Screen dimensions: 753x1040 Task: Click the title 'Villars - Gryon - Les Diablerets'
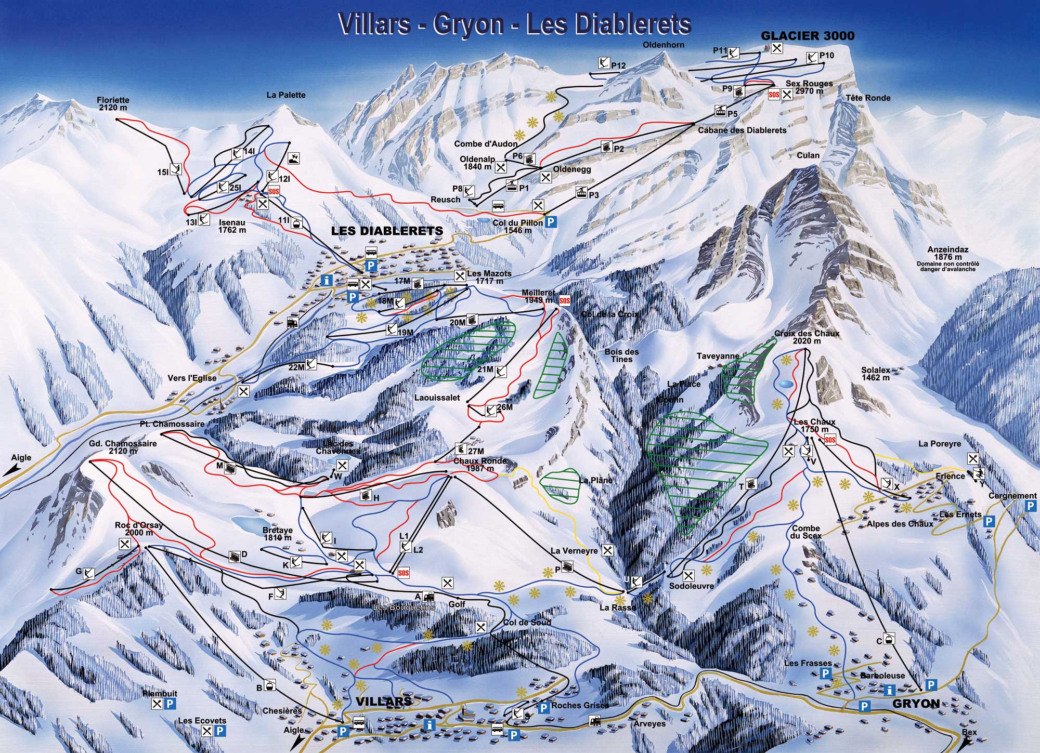pos(514,23)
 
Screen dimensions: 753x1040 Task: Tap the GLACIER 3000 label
pos(808,35)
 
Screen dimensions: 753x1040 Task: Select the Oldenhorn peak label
pos(664,45)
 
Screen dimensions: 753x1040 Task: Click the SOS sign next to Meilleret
pos(565,300)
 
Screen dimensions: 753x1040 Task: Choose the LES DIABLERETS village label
pos(387,231)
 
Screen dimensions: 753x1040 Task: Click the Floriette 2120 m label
pos(113,104)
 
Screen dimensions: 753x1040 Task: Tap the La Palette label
pos(286,95)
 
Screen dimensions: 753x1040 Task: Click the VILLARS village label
pos(384,702)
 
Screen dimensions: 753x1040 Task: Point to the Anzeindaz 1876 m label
pos(947,253)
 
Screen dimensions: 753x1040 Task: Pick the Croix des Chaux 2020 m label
pos(807,337)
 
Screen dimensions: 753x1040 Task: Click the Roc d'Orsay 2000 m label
pos(138,529)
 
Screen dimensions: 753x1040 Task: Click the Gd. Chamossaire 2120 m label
pos(123,447)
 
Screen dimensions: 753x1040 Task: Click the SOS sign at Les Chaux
pos(830,440)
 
